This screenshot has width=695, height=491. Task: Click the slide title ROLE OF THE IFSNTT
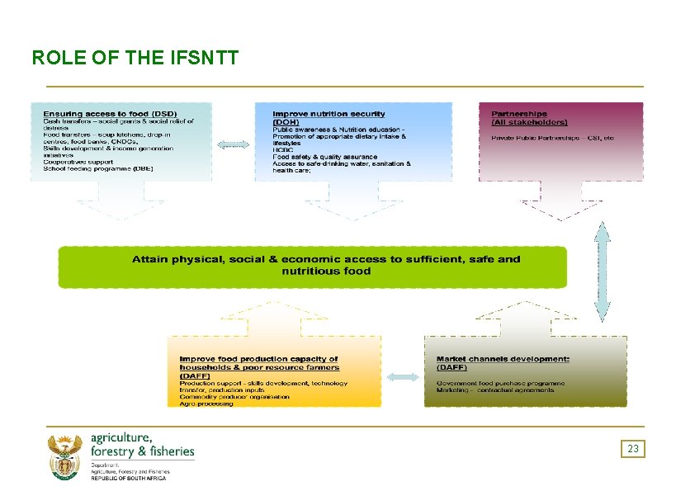tap(135, 59)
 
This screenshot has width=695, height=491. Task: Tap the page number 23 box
tap(633, 449)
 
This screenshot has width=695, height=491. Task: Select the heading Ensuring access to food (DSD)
tap(110, 113)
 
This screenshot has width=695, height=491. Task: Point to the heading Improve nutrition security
tap(329, 113)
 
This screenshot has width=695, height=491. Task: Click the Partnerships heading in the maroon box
tap(519, 114)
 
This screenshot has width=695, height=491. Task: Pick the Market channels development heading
tap(503, 359)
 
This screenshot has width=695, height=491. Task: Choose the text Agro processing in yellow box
tap(206, 404)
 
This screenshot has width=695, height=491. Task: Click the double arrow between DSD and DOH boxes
tap(233, 144)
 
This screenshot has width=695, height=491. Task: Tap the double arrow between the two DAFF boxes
tap(403, 377)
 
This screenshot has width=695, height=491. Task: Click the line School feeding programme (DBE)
tap(98, 168)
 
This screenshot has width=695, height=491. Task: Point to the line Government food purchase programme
tap(500, 383)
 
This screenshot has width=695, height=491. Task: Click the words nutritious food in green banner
tap(326, 271)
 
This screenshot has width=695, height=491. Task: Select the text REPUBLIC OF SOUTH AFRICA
tap(128, 479)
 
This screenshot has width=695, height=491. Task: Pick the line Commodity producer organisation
tap(234, 397)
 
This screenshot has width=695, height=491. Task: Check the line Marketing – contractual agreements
tap(495, 390)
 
